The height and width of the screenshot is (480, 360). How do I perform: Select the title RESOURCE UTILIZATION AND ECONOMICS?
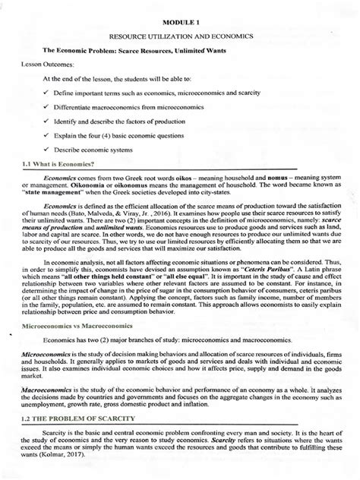(180, 36)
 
